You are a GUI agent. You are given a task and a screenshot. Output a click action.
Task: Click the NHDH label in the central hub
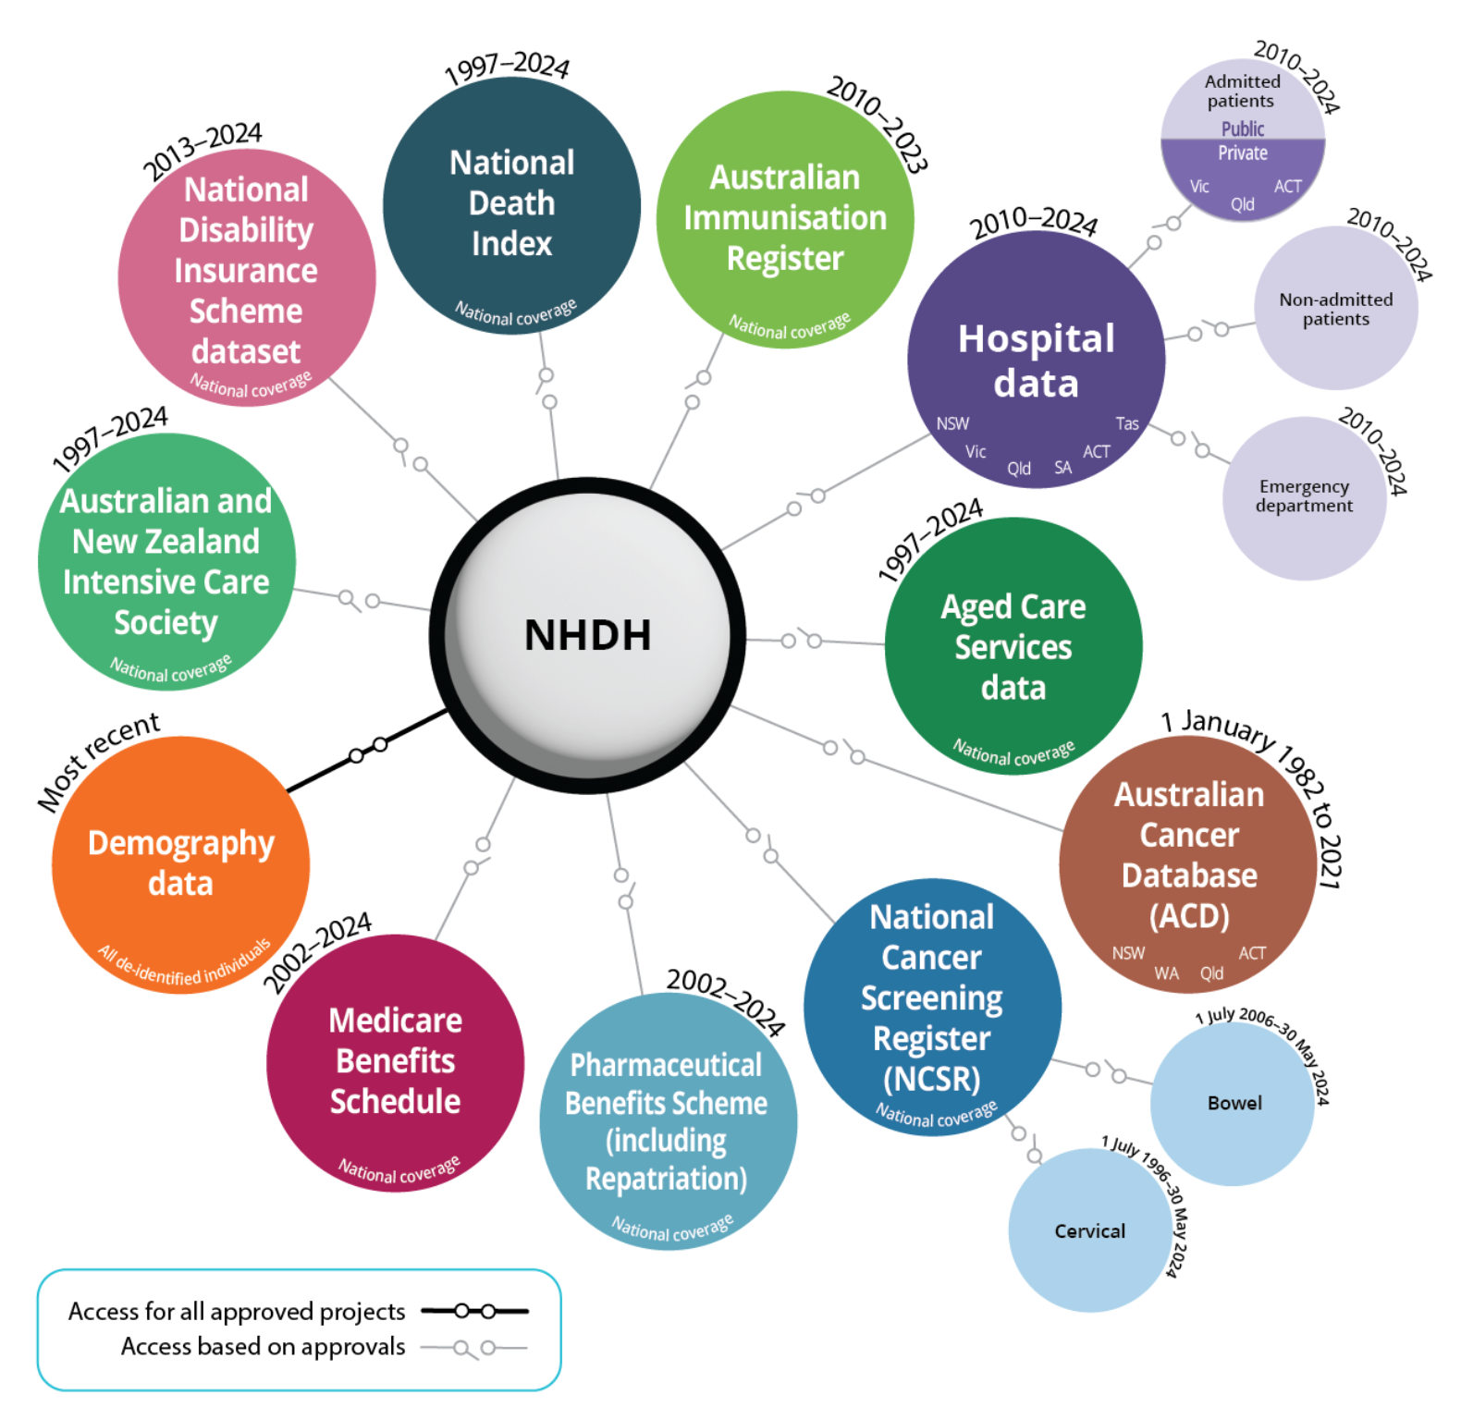[588, 635]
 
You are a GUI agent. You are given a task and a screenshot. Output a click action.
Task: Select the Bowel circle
[1234, 1103]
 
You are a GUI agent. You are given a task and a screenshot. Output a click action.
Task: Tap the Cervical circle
[1089, 1231]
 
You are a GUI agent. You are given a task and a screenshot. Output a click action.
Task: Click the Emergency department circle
[1304, 496]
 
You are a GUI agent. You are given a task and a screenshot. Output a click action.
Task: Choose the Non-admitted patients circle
[1335, 309]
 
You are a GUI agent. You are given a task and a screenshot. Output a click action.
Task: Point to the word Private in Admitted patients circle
[1242, 153]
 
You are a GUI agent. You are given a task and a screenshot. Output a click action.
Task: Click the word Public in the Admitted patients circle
[1242, 128]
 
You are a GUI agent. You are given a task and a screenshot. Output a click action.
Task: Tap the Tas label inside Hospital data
[1126, 423]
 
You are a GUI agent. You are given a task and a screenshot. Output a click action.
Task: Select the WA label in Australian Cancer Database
[1166, 973]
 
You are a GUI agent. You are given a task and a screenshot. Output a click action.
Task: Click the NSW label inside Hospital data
[952, 423]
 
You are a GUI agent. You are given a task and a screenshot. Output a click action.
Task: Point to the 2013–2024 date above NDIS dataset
[203, 152]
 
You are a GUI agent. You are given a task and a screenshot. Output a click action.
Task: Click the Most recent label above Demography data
[98, 760]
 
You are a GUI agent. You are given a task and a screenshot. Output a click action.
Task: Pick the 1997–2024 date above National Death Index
[507, 68]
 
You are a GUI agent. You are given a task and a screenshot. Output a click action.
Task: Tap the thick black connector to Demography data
[368, 750]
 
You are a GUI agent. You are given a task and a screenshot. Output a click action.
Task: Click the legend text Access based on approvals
[263, 1347]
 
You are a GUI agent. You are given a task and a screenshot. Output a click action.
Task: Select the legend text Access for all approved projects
[237, 1312]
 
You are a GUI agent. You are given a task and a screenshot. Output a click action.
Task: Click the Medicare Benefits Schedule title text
[395, 1061]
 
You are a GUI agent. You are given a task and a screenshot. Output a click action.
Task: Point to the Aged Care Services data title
[1013, 647]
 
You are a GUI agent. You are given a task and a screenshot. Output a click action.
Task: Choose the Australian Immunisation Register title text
[784, 218]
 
